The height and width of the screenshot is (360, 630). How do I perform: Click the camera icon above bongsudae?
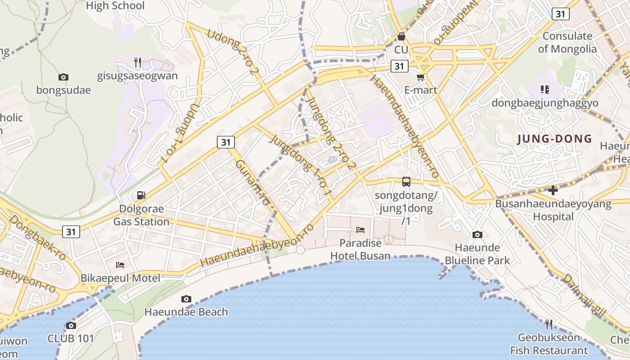pyautogui.click(x=63, y=77)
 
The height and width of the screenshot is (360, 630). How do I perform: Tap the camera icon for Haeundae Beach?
pyautogui.click(x=186, y=299)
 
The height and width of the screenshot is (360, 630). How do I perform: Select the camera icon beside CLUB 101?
pyautogui.click(x=71, y=325)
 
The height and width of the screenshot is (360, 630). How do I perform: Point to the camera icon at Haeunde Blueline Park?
pyautogui.click(x=477, y=234)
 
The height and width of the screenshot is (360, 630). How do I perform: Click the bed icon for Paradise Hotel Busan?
pyautogui.click(x=360, y=230)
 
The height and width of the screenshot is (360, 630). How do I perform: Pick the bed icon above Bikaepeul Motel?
pyautogui.click(x=120, y=265)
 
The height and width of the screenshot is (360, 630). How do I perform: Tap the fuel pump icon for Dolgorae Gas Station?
pyautogui.click(x=141, y=195)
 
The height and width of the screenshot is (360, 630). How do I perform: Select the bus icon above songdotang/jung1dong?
pyautogui.click(x=406, y=182)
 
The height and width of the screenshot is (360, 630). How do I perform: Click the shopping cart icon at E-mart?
pyautogui.click(x=421, y=77)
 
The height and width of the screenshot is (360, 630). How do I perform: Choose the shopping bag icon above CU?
pyautogui.click(x=401, y=36)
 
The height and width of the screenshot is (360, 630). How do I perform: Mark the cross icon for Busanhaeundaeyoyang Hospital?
pyautogui.click(x=553, y=190)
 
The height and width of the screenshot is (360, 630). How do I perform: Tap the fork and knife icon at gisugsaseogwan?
pyautogui.click(x=138, y=62)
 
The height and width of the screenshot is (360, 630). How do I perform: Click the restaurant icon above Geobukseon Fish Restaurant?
pyautogui.click(x=549, y=324)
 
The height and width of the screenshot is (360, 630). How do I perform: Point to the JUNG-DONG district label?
pyautogui.click(x=554, y=139)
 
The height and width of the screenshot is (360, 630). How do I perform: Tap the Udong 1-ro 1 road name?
pyautogui.click(x=179, y=133)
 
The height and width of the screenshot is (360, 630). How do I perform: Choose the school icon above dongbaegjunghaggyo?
pyautogui.click(x=545, y=89)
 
